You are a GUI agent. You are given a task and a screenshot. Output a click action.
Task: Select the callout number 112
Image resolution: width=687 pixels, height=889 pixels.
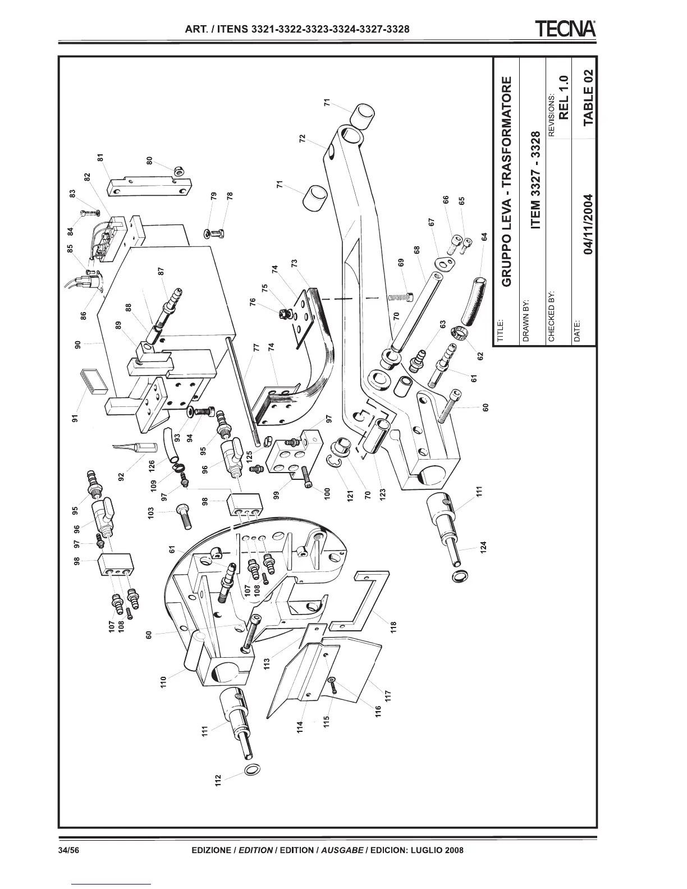(x=219, y=781)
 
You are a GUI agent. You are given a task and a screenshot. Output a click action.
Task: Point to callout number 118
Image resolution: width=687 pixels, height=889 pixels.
(x=393, y=625)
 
